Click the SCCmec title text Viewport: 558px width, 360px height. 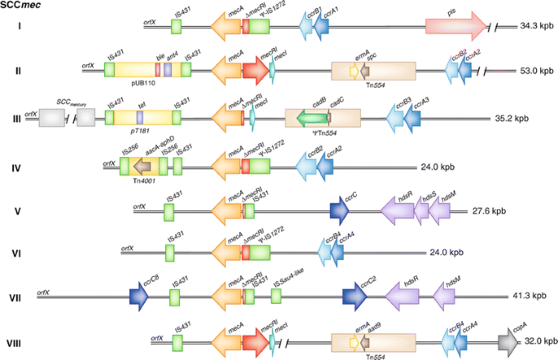[x=23, y=7]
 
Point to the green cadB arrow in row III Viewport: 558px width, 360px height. [x=309, y=119]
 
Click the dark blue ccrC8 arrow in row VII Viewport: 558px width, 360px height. [x=138, y=300]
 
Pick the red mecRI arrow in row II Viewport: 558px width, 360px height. [x=254, y=72]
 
